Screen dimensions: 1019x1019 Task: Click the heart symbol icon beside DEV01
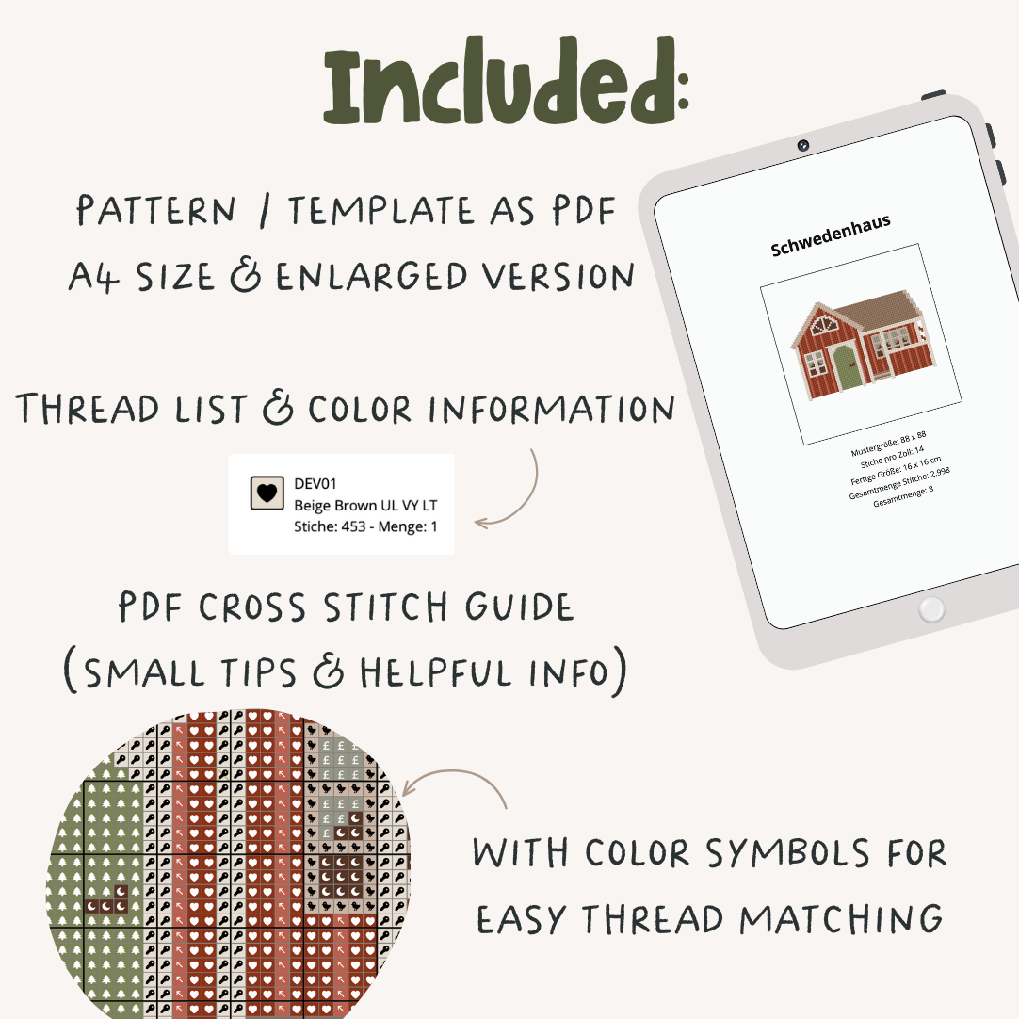tap(267, 493)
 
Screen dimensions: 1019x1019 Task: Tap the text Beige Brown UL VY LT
tap(365, 505)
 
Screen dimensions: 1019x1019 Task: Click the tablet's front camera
tap(802, 146)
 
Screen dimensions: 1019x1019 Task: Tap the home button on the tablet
tap(930, 609)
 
